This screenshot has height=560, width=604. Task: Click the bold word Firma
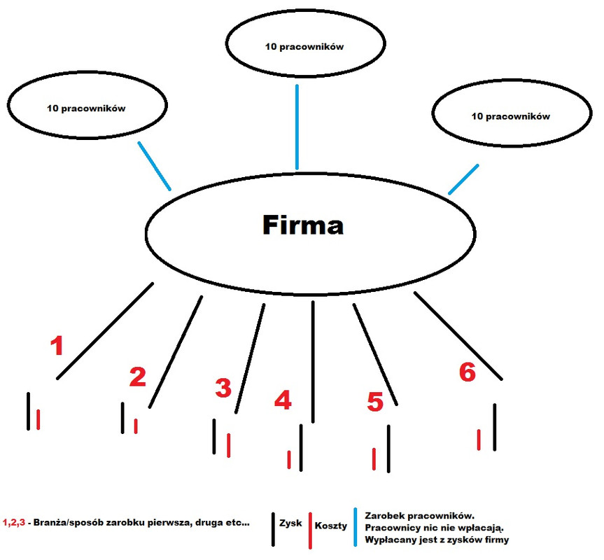pos(303,225)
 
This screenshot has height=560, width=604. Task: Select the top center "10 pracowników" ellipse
pos(297,48)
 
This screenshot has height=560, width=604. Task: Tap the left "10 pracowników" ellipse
pos(86,108)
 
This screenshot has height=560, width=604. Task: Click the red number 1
pos(59,346)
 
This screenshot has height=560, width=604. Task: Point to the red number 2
pos(137,377)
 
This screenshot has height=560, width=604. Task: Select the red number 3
pos(223,387)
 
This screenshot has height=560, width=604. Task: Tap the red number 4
pos(282,400)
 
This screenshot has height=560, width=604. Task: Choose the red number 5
pos(375,402)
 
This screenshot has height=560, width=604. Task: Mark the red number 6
pos(467,372)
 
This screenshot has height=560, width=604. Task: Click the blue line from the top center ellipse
pos(297,127)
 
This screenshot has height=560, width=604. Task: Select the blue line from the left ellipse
pos(155,166)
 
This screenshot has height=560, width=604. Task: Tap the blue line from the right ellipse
pos(463,179)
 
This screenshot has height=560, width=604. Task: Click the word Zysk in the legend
pos(290,523)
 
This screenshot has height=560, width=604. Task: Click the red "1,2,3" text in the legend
pos(14,523)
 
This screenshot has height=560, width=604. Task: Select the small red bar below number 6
pos(479,440)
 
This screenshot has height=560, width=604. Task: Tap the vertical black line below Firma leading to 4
pos(313,357)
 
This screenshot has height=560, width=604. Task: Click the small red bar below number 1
pos(38,419)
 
